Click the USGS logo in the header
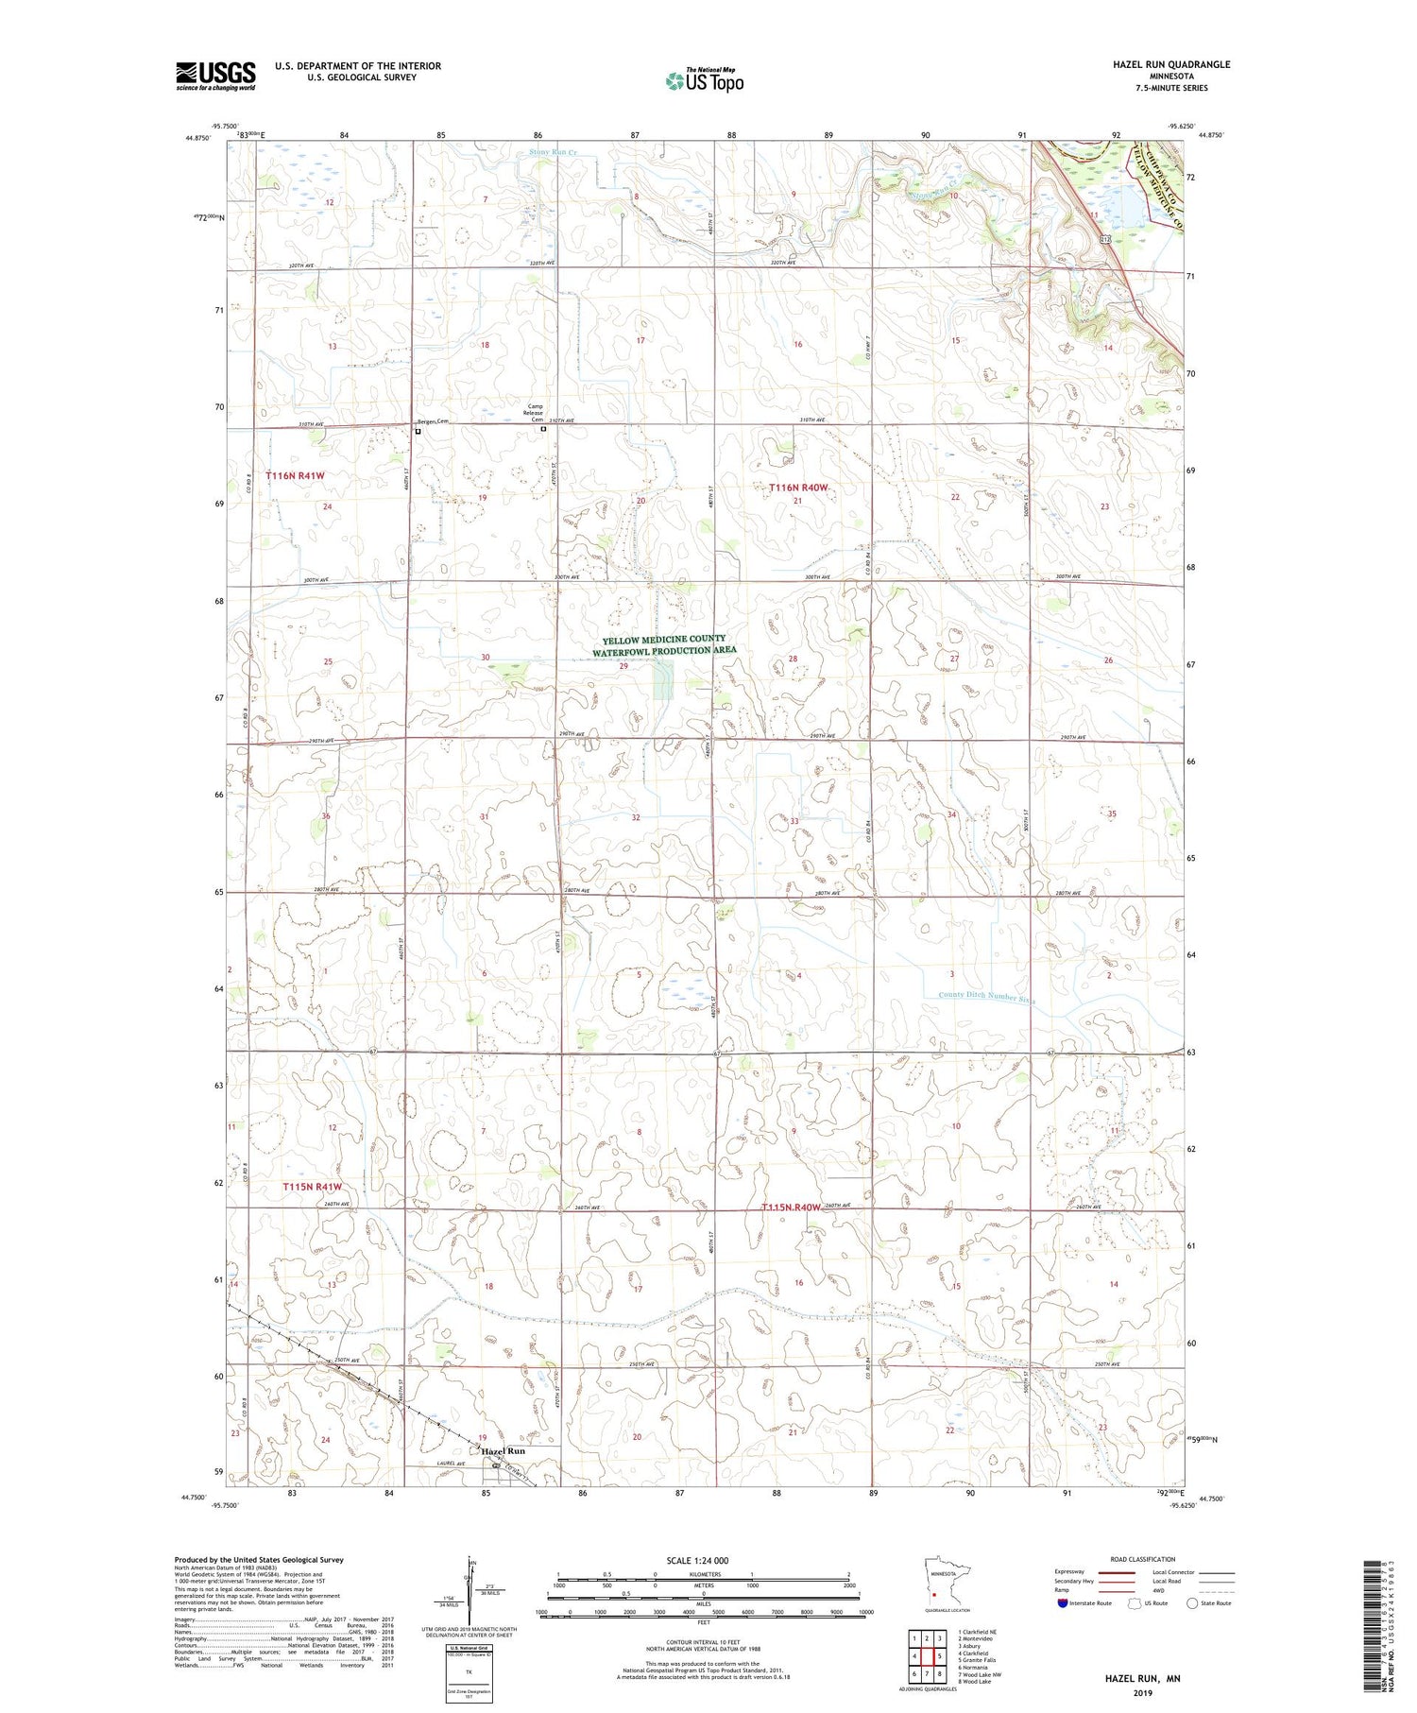pyautogui.click(x=215, y=76)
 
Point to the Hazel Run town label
pyautogui.click(x=503, y=1450)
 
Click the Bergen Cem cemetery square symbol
pyautogui.click(x=418, y=432)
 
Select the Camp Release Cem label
pyautogui.click(x=536, y=413)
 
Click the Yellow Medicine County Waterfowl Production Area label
pyautogui.click(x=664, y=645)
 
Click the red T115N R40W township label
pyautogui.click(x=792, y=1208)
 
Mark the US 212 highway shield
pyautogui.click(x=1103, y=241)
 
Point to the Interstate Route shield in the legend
pyautogui.click(x=1063, y=1603)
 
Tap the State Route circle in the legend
pyautogui.click(x=1192, y=1603)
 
